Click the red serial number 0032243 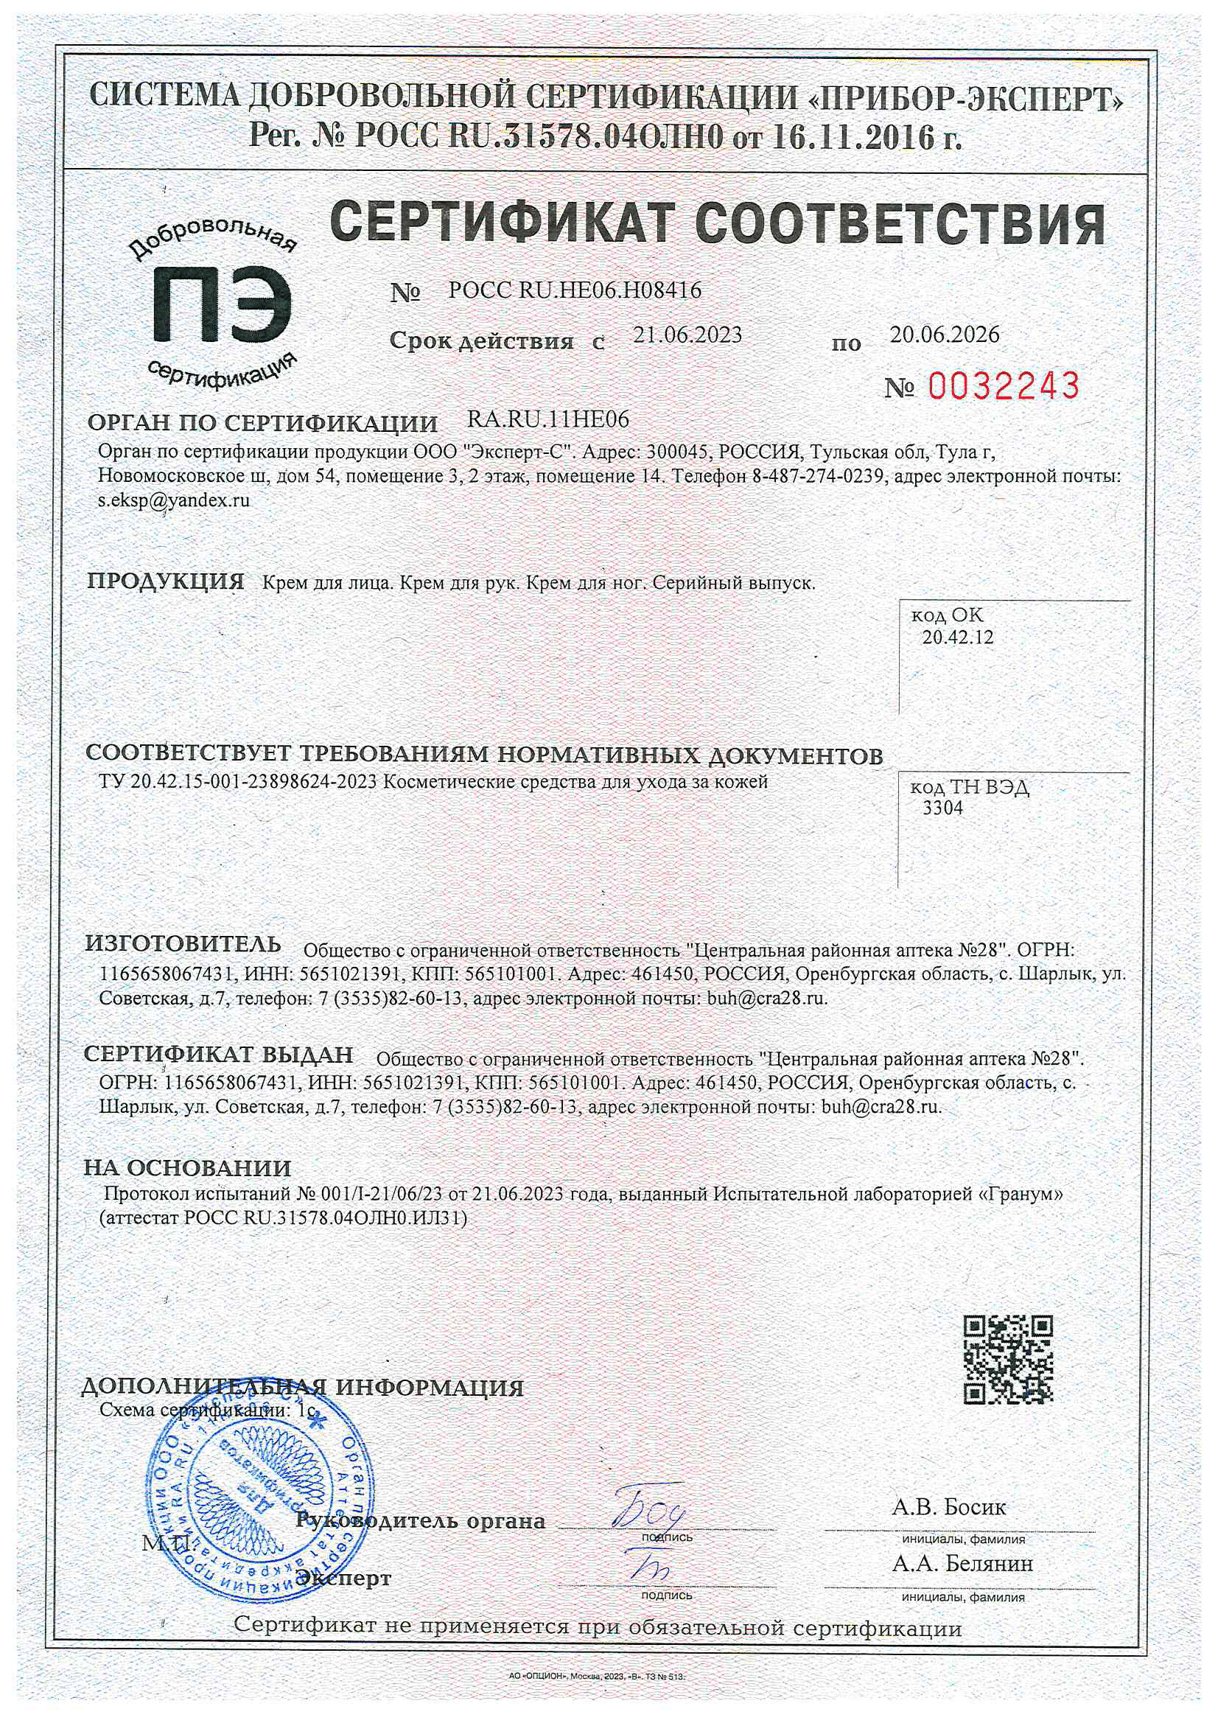click(x=1004, y=385)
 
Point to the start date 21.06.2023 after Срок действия click(x=687, y=335)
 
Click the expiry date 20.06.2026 click(x=944, y=335)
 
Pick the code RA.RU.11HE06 click(x=547, y=419)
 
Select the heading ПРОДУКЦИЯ click(x=166, y=581)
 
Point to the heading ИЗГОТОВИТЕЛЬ click(x=183, y=943)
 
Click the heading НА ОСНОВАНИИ click(x=187, y=1168)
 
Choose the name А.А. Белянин click(x=962, y=1564)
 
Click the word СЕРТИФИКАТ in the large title click(x=499, y=224)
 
